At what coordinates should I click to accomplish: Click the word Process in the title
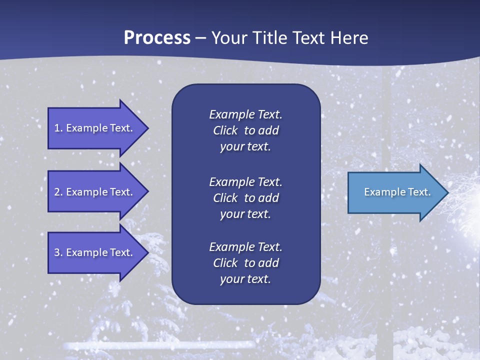tap(157, 37)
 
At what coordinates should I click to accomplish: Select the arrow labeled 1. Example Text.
tap(95, 128)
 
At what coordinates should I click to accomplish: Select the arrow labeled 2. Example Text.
tap(95, 192)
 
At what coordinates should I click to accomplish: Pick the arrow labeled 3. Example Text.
tap(95, 252)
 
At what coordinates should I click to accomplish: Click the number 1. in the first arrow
tap(58, 128)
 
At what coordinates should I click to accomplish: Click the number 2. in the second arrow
tap(58, 192)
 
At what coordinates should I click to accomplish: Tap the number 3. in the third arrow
tap(58, 252)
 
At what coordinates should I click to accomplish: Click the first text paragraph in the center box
tap(245, 130)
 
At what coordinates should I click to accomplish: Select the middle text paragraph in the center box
tap(245, 198)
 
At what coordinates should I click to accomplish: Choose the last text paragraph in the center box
tap(245, 263)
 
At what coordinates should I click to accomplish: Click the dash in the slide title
tap(200, 38)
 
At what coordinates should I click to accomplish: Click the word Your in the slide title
tap(228, 37)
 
